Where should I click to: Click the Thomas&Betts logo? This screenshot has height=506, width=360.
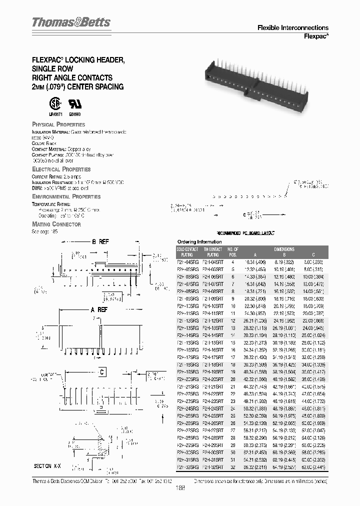(x=71, y=22)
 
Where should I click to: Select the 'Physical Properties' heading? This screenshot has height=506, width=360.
(x=58, y=124)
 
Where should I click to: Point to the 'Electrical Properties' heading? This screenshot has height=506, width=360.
(x=61, y=169)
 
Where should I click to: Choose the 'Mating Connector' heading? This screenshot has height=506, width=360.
(x=56, y=224)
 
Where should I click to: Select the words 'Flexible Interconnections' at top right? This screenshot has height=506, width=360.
(x=292, y=28)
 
